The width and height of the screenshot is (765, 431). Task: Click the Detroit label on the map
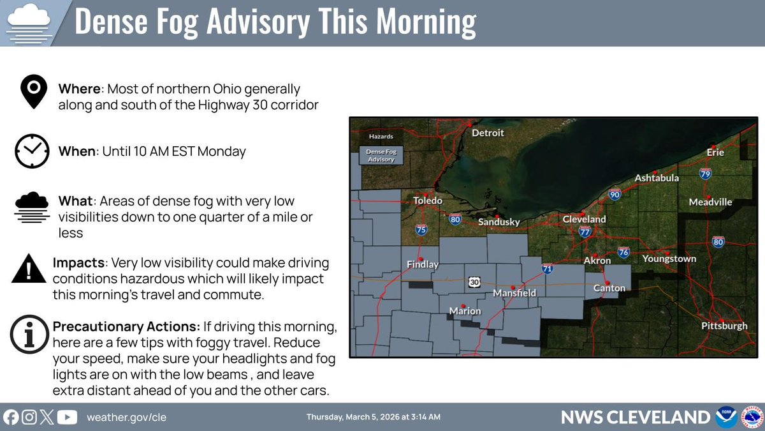[488, 133]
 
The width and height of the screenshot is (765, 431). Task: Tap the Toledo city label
[427, 200]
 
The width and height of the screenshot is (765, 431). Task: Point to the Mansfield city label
[514, 293]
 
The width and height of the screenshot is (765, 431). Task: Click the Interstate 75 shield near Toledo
[421, 229]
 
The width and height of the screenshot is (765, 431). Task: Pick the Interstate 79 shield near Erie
[705, 173]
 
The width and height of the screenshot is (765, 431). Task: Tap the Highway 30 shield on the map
[472, 282]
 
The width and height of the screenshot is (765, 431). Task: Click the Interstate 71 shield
[547, 269]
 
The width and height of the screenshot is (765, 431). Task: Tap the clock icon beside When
[32, 152]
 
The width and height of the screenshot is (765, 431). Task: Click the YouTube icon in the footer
[67, 418]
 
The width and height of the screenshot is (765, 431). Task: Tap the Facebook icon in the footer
[11, 418]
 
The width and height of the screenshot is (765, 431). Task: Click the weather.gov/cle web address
[126, 418]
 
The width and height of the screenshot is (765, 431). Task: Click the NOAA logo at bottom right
[726, 418]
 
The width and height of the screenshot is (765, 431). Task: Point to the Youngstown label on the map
[669, 259]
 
